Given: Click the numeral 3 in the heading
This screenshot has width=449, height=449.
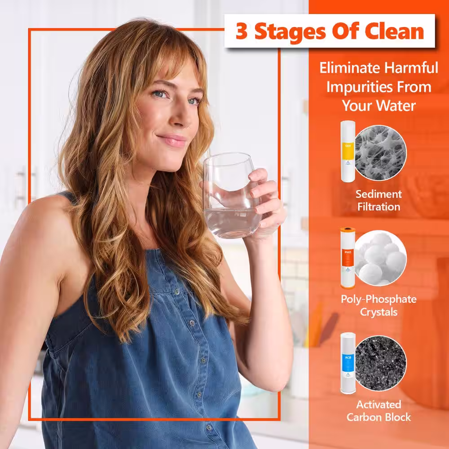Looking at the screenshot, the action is (242, 31).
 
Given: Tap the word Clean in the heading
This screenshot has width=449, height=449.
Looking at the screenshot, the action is (394, 31).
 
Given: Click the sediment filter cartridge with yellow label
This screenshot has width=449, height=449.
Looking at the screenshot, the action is (348, 151).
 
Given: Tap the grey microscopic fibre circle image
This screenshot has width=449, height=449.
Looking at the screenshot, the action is (381, 153).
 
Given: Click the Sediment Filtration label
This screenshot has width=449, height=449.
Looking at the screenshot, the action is (379, 200).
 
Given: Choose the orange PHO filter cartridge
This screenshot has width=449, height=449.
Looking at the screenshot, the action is (348, 258).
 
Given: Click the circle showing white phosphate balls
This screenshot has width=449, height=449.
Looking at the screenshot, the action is (381, 258).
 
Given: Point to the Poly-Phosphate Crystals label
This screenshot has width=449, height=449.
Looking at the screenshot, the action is (379, 305).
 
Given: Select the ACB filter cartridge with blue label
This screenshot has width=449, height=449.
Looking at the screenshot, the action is (348, 363).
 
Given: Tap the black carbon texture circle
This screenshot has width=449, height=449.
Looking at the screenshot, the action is (381, 363).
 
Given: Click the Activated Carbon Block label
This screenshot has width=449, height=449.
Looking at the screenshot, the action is (379, 411).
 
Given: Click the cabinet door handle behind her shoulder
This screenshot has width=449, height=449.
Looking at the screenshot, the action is (21, 186).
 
